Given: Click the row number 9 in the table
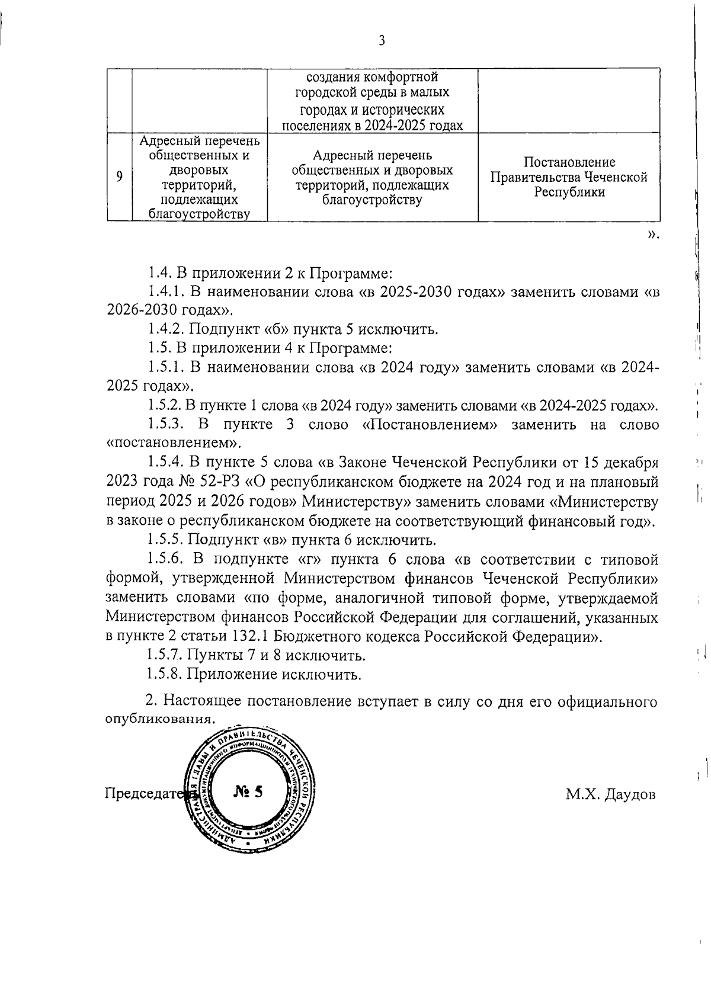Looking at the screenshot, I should click(x=120, y=177).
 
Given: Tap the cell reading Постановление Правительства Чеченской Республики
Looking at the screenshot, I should click(x=569, y=177).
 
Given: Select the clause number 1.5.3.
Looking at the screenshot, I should click(x=168, y=425).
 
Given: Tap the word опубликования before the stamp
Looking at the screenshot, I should click(x=159, y=719).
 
